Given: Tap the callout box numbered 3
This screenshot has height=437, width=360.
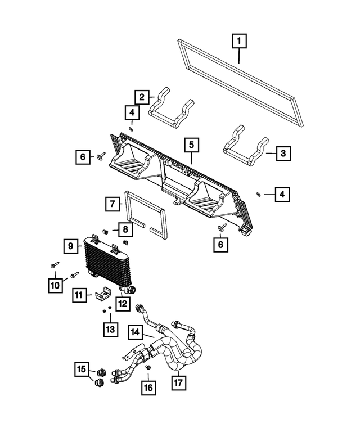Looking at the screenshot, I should click(283, 152).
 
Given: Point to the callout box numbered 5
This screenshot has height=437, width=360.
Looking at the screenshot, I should click(191, 145).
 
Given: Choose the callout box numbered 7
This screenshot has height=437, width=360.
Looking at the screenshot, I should click(112, 204).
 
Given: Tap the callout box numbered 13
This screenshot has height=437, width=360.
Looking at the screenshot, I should click(110, 328).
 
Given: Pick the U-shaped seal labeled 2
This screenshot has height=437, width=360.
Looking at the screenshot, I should click(172, 107).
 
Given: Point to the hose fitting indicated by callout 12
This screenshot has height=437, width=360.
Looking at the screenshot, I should click(130, 290).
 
